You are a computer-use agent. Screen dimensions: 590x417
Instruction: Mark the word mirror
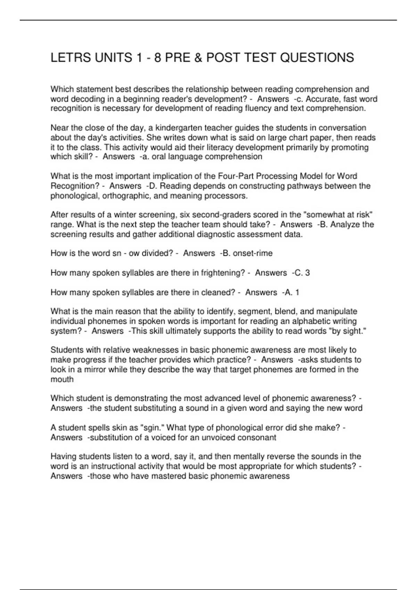(x=95, y=370)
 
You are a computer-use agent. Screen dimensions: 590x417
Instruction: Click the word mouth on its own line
(x=62, y=379)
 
